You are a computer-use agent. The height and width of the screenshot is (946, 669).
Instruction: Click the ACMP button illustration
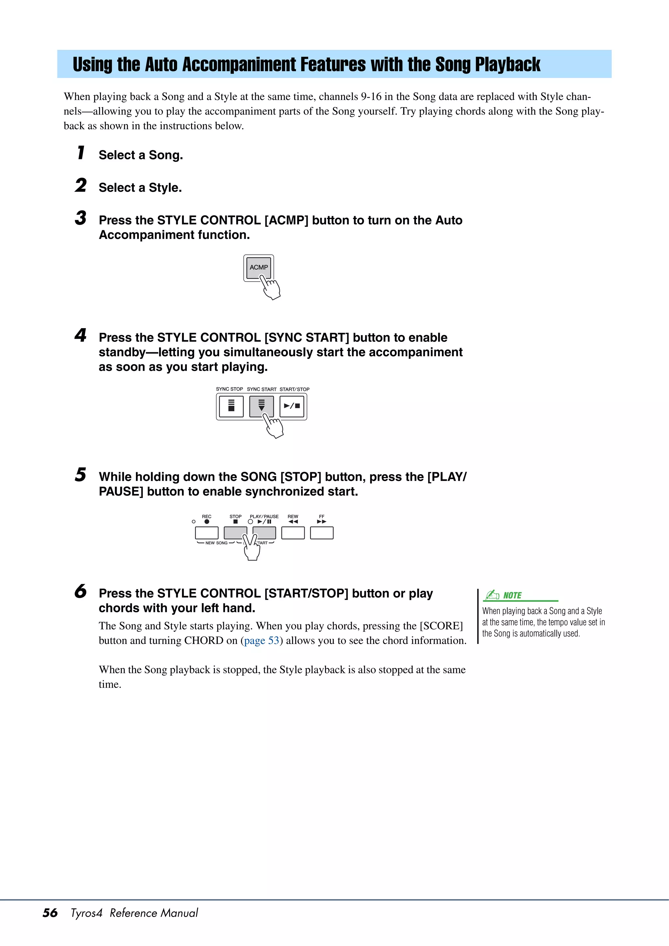258,267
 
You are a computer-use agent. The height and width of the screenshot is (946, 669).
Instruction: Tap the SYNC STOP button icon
231,406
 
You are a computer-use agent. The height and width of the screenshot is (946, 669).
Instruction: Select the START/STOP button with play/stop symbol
292,406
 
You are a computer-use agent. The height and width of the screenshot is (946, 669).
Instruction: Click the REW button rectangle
293,533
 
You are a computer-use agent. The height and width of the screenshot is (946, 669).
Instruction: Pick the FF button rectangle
321,533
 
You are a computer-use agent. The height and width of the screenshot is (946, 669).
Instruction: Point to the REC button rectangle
206,533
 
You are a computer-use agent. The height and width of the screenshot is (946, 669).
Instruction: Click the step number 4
80,335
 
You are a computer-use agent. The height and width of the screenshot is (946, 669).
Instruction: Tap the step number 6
80,592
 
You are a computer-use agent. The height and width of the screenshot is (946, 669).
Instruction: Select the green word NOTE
512,595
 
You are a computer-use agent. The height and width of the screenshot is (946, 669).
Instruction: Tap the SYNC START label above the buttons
261,389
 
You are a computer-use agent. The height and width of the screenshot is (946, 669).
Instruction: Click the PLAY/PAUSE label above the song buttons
264,516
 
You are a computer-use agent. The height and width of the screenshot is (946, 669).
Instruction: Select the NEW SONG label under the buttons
216,543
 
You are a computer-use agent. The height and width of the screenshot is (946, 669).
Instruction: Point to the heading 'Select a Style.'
140,188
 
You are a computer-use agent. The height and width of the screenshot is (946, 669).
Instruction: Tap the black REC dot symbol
206,521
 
